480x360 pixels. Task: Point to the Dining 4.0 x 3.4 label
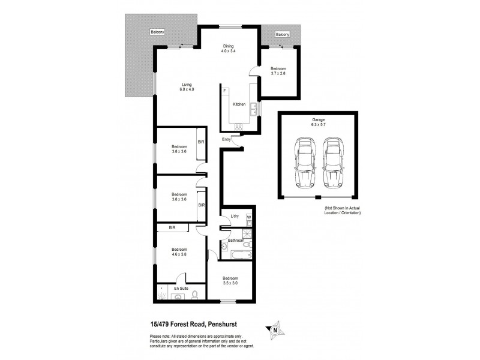click(228, 49)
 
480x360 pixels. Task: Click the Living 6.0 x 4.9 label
click(187, 87)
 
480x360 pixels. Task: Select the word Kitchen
click(239, 104)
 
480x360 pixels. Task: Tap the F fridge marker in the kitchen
click(225, 91)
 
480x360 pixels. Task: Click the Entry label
click(226, 140)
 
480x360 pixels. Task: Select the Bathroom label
click(236, 240)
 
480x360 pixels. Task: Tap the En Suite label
click(181, 289)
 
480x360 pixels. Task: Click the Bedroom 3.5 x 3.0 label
click(230, 280)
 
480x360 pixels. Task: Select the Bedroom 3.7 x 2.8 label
click(278, 70)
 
